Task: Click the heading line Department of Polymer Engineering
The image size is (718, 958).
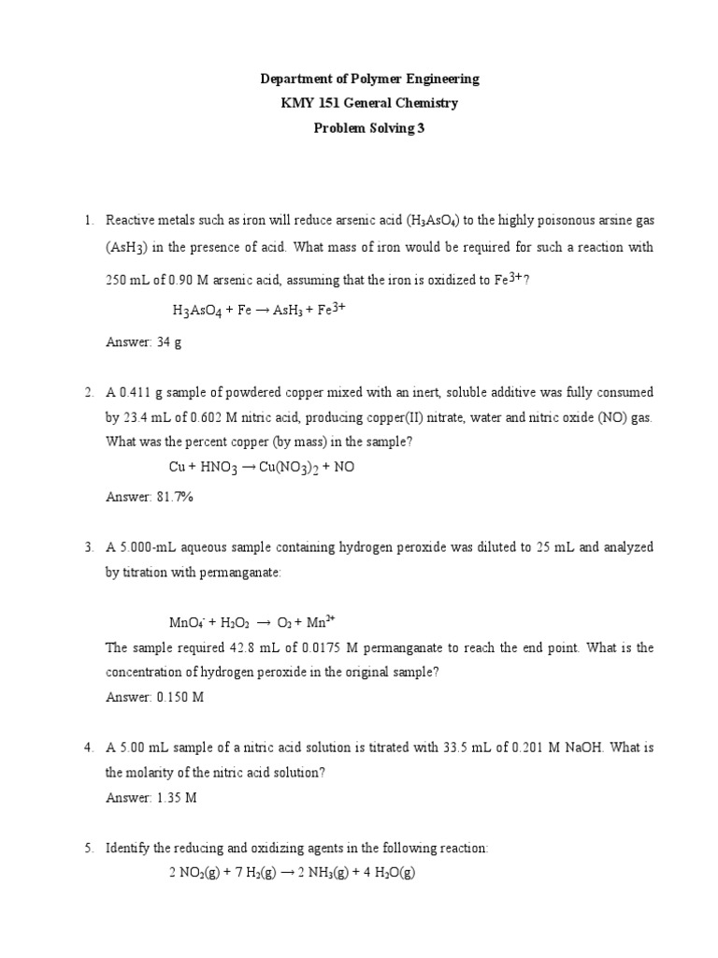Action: point(359,80)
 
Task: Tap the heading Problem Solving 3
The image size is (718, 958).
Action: point(359,128)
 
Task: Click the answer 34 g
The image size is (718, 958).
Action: point(168,342)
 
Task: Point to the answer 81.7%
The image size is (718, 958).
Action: point(173,497)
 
